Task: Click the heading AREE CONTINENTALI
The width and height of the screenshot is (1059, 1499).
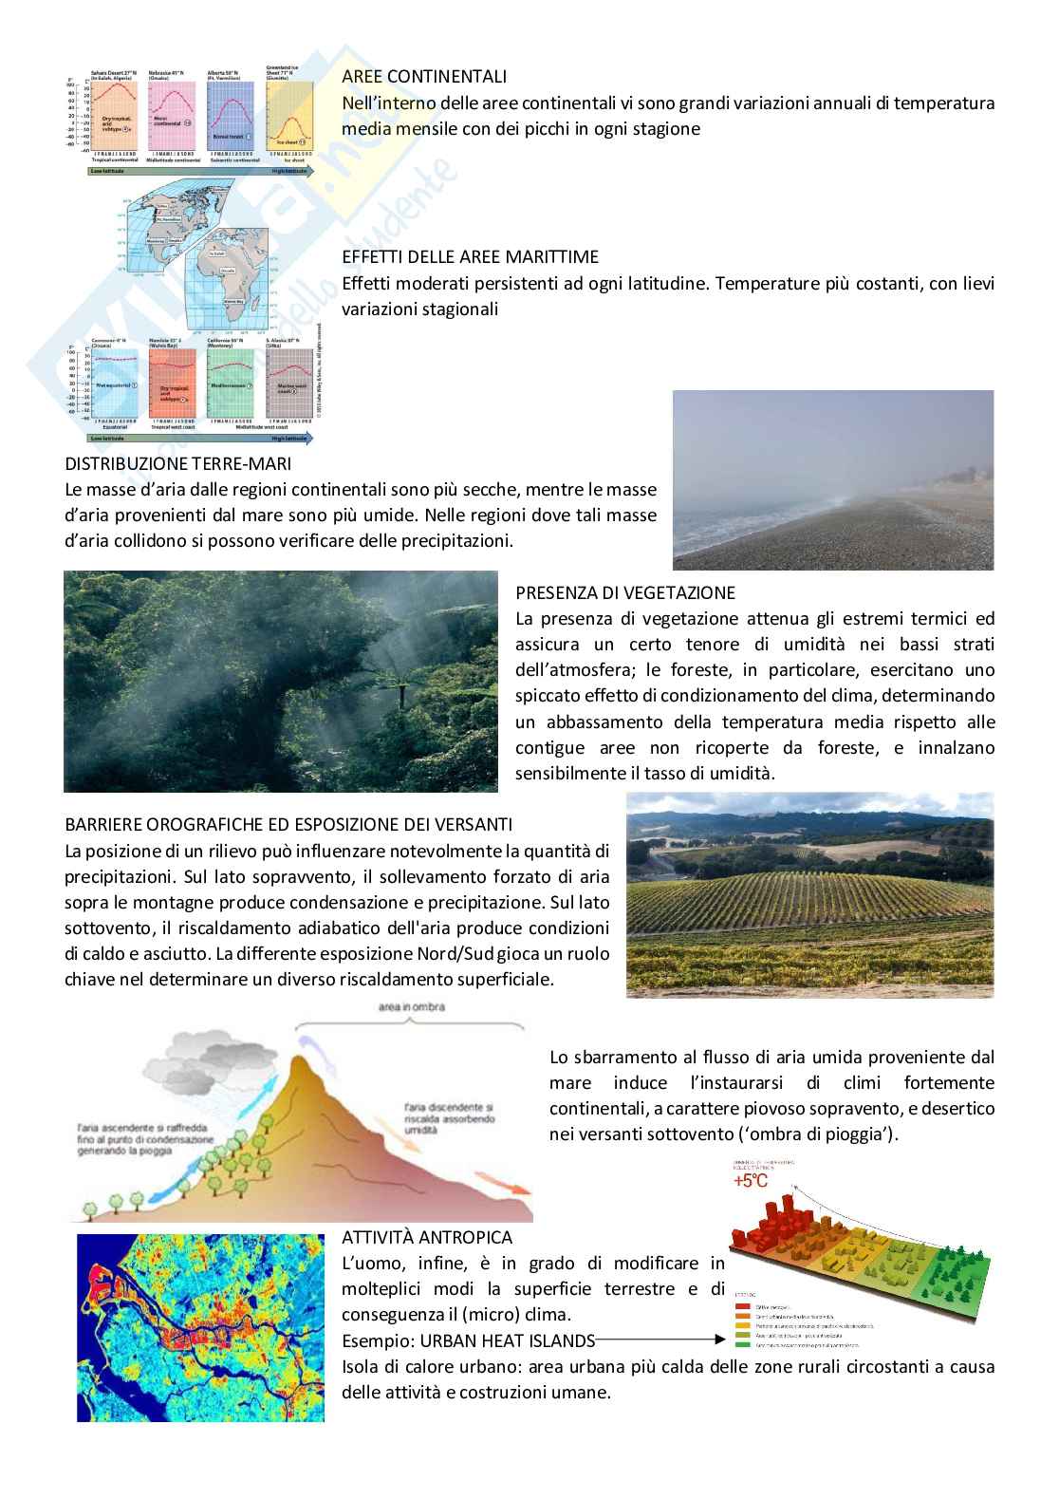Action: (424, 76)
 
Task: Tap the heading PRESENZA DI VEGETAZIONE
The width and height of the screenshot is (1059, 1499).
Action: (625, 592)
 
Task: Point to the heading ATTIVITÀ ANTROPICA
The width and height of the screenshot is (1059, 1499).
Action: (427, 1237)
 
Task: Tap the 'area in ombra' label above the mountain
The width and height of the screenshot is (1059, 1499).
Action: (410, 1006)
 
